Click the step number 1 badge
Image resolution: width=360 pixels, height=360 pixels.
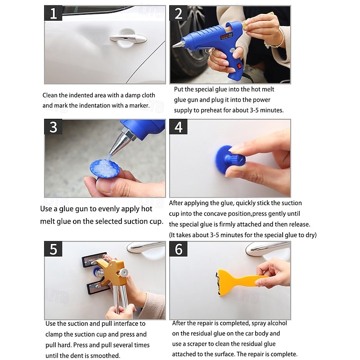[53, 13]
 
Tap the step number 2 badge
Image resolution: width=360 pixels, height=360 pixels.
[178, 13]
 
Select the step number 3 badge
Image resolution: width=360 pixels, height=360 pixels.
[53, 127]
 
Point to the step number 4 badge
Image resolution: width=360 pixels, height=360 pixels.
[178, 127]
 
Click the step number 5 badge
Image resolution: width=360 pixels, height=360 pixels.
[53, 249]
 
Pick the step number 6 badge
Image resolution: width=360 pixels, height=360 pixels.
[178, 249]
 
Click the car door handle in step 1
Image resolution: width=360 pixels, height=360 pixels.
[128, 39]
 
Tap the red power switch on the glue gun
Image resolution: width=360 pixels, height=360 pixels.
[239, 66]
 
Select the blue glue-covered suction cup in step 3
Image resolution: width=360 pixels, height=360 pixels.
[104, 169]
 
